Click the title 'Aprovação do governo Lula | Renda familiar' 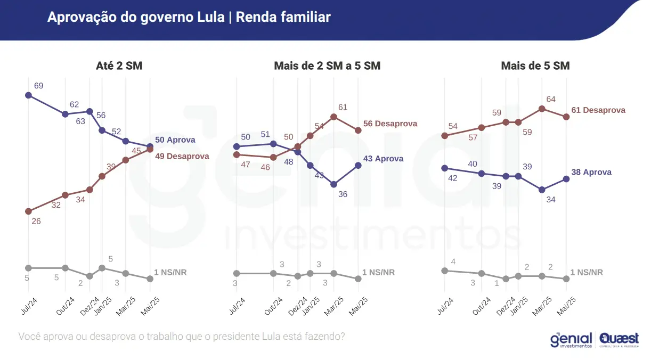pyautogui.click(x=189, y=17)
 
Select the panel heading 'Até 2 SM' pyautogui.click(x=119, y=66)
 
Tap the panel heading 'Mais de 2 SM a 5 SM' pyautogui.click(x=327, y=66)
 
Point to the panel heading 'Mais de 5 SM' pyautogui.click(x=535, y=66)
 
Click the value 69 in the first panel pyautogui.click(x=38, y=86)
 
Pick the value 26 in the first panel pyautogui.click(x=36, y=221)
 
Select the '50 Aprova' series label pyautogui.click(x=175, y=140)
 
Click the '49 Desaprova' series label pyautogui.click(x=182, y=157)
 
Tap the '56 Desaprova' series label pyautogui.click(x=390, y=124)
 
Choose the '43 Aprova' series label pyautogui.click(x=383, y=159)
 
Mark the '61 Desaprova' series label pyautogui.click(x=598, y=110)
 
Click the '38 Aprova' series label pyautogui.click(x=591, y=173)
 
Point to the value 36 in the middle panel pyautogui.click(x=343, y=194)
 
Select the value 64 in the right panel pyautogui.click(x=551, y=99)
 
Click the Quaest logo pyautogui.click(x=619, y=339)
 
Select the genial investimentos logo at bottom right pyautogui.click(x=571, y=340)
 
